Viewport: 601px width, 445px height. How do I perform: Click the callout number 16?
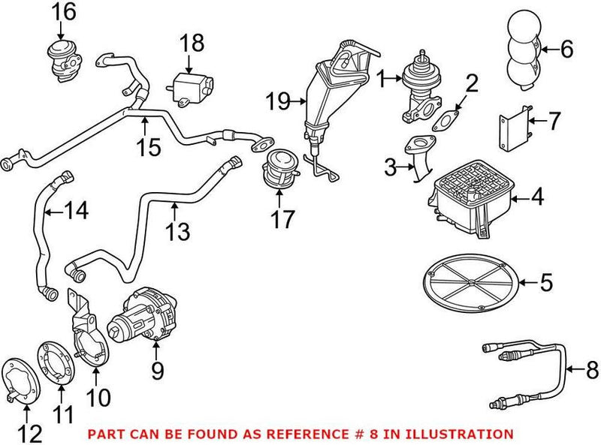64,11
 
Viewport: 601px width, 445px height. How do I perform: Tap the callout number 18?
192,43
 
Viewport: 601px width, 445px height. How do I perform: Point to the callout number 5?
546,283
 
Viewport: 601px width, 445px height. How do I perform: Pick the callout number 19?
278,98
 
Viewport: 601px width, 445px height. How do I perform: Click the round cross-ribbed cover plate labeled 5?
469,284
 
